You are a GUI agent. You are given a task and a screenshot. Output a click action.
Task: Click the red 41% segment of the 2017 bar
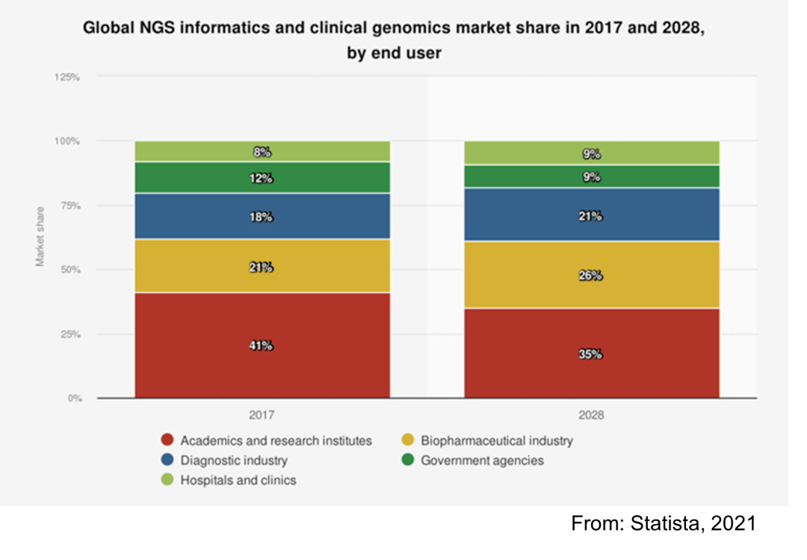click(x=262, y=345)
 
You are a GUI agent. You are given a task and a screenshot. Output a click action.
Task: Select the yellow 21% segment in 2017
click(x=262, y=266)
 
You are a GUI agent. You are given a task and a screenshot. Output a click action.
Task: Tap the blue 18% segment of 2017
click(x=262, y=216)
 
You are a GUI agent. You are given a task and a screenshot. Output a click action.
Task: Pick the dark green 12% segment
click(x=262, y=178)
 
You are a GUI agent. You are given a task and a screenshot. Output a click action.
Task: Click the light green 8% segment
click(x=262, y=152)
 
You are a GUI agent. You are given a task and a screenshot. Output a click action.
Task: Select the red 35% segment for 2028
click(x=591, y=353)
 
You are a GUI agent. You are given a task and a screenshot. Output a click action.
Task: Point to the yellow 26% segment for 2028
click(x=591, y=274)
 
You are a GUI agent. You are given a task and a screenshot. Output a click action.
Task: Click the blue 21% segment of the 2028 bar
click(x=591, y=215)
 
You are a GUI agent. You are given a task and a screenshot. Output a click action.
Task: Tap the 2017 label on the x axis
click(x=262, y=414)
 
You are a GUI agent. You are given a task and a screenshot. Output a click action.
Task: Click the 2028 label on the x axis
click(x=591, y=414)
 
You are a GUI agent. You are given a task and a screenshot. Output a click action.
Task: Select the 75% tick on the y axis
click(x=70, y=206)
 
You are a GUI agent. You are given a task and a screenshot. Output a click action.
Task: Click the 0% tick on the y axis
click(x=74, y=399)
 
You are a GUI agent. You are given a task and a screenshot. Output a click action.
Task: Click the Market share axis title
click(x=40, y=236)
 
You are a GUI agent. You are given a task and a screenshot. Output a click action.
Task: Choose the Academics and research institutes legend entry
click(x=276, y=440)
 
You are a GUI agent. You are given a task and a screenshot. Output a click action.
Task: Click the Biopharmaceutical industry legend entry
click(x=496, y=440)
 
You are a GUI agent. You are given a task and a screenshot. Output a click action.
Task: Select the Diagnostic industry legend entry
click(x=233, y=461)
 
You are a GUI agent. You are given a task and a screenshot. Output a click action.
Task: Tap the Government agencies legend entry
click(x=482, y=461)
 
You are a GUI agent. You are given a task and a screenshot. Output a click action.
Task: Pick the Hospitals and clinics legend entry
click(x=238, y=480)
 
